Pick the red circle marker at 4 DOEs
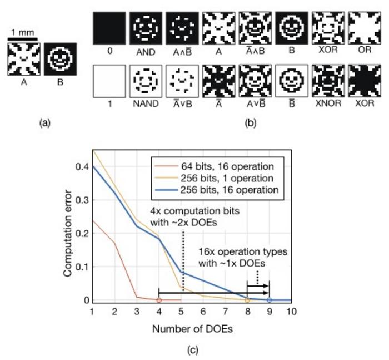click(x=158, y=300)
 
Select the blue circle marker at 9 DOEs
click(x=269, y=300)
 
